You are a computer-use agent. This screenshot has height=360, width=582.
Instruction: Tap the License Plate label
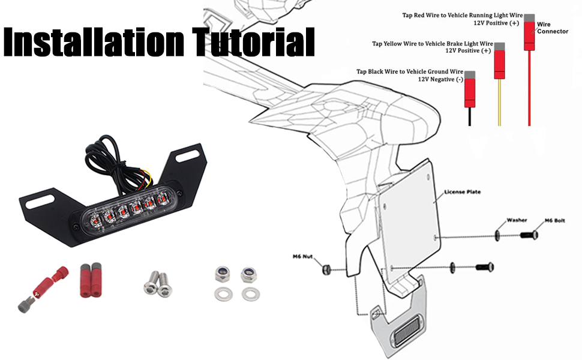tap(463, 193)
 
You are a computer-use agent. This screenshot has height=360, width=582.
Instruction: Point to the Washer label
tap(517, 220)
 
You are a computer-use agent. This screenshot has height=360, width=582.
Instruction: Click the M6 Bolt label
tap(554, 221)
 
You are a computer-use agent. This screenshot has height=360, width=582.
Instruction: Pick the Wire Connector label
tap(553, 28)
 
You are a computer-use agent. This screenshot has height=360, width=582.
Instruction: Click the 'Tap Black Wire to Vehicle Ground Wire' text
tap(410, 71)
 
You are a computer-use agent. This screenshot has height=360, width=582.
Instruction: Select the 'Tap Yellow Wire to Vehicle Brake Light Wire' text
tap(433, 43)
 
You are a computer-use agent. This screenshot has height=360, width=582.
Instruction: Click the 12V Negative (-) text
tap(440, 79)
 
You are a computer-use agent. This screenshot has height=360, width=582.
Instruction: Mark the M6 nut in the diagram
tap(327, 267)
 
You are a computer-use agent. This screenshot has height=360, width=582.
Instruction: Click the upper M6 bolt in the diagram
tap(528, 235)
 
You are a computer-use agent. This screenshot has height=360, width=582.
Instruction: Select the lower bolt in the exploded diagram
tap(484, 266)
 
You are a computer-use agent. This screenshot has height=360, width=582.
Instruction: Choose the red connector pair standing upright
tap(90, 280)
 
